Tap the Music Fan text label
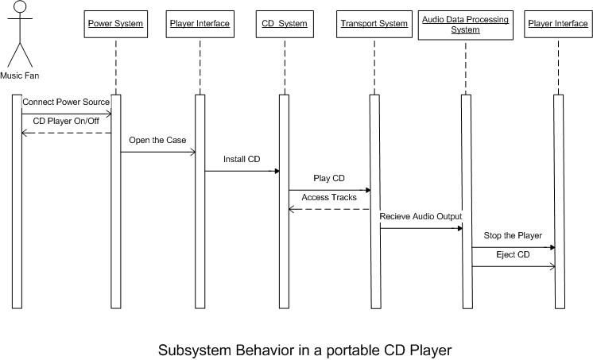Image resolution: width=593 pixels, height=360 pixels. click(20, 75)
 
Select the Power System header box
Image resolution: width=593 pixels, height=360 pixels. click(114, 24)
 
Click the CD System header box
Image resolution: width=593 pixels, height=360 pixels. click(284, 24)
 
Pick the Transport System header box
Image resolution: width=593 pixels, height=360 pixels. click(374, 24)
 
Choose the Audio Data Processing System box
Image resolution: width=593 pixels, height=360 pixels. click(466, 24)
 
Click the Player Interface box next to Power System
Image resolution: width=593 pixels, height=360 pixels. click(200, 24)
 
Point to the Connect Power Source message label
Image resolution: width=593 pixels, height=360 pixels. click(66, 103)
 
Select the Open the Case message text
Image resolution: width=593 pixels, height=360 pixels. click(157, 141)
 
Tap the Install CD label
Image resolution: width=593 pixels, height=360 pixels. click(242, 160)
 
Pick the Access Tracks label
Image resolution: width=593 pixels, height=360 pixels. click(328, 197)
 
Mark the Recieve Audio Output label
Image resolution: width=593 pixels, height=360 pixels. click(421, 216)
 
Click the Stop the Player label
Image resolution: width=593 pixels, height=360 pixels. click(513, 235)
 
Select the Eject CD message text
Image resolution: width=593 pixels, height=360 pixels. click(513, 254)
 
